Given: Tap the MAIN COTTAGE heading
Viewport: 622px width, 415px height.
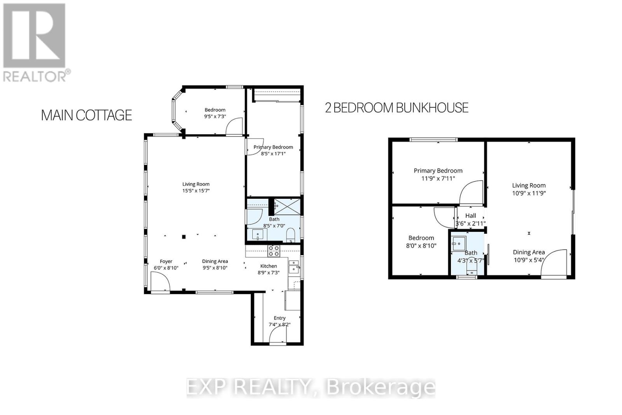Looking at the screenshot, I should [86, 115].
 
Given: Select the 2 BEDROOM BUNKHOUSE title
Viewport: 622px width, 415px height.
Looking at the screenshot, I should [397, 108].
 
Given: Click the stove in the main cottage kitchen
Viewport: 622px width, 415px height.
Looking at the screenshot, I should [273, 251].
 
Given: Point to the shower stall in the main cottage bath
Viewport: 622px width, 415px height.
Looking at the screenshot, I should [287, 206].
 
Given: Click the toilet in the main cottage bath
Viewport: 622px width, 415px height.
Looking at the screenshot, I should [290, 235].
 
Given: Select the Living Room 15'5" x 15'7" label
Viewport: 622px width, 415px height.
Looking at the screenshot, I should [196, 187].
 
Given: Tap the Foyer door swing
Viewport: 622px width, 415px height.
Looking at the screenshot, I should [159, 281].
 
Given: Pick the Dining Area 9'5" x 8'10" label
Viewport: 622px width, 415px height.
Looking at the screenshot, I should [215, 264].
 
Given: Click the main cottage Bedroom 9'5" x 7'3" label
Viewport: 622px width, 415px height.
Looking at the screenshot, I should [215, 113].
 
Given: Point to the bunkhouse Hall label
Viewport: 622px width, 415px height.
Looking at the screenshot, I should [470, 215].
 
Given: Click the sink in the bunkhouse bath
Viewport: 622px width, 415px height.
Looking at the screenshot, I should [458, 243].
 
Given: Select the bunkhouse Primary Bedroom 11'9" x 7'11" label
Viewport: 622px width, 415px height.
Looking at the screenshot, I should [438, 174].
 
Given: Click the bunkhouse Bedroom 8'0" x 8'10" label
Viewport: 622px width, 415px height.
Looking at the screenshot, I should [421, 242].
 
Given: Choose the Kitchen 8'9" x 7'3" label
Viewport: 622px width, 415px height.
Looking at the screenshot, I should [269, 269].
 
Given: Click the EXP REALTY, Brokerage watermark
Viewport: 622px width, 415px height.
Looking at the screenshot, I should [311, 387].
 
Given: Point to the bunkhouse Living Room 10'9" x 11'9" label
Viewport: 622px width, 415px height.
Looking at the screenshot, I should [529, 189].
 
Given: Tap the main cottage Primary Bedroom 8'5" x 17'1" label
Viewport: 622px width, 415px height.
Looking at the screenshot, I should [273, 150].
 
